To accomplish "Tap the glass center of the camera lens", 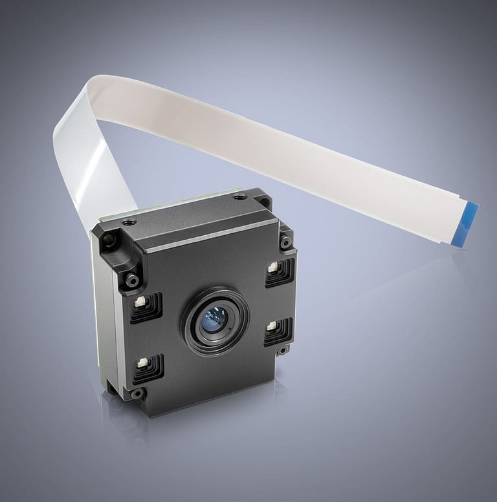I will click(214, 319).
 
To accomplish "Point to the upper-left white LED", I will click(140, 302).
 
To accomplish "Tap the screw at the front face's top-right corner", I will click(285, 242).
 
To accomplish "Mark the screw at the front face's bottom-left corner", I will click(137, 393).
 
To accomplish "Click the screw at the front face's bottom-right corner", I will click(282, 351).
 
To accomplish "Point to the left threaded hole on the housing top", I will click(130, 222).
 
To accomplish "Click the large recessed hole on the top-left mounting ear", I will click(108, 241).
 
